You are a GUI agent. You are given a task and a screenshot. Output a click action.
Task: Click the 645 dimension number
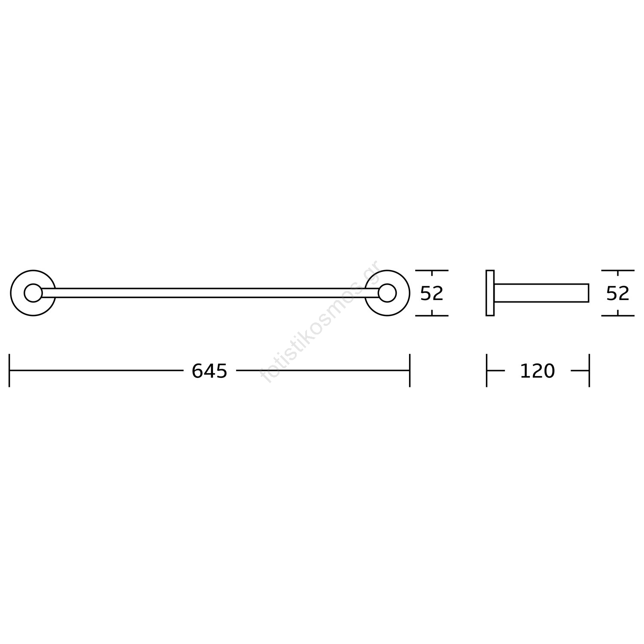coord(209,371)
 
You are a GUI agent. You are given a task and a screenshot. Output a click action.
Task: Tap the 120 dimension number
coord(537,371)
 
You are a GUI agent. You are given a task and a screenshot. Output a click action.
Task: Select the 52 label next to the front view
coord(431,293)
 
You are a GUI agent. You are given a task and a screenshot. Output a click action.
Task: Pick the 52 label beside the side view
coord(618,293)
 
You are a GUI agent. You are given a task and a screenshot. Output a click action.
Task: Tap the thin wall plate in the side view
coord(490,293)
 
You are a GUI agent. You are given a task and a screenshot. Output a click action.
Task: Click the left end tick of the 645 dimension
coord(9,370)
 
